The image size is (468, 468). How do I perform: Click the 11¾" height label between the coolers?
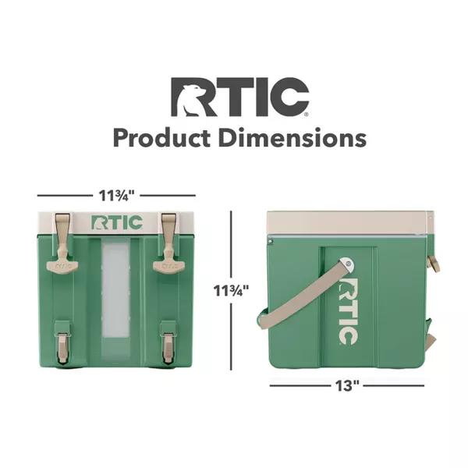click(x=231, y=291)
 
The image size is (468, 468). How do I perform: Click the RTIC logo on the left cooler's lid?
click(x=117, y=223)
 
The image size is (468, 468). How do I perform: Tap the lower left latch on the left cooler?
click(x=62, y=343)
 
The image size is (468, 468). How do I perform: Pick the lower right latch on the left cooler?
click(x=168, y=343)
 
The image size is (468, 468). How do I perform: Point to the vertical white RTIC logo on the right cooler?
click(x=349, y=309)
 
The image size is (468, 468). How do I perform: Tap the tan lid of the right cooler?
click(x=347, y=222)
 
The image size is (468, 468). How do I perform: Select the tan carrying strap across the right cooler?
click(x=304, y=296)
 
